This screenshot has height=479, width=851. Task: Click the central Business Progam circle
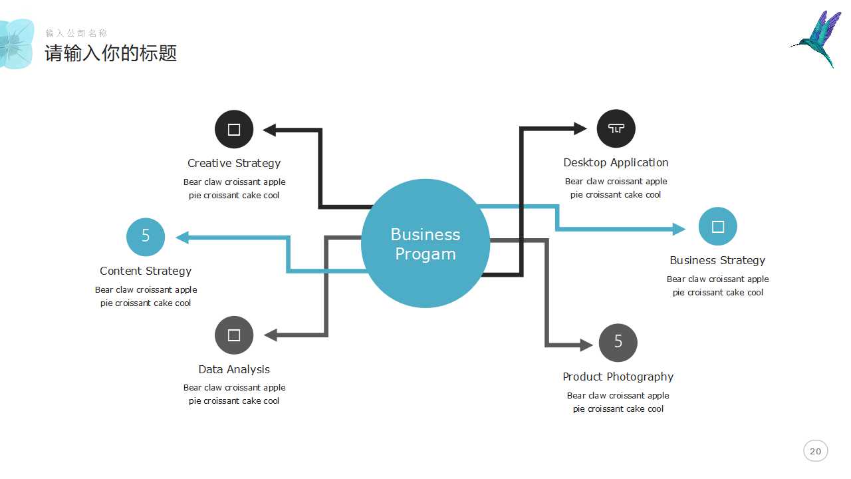pos(425,243)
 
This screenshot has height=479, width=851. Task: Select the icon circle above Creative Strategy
pos(234,129)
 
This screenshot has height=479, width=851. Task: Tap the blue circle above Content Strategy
pos(146,237)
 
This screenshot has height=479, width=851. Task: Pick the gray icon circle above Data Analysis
pos(234,335)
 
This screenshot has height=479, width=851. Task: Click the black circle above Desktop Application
pos(616,128)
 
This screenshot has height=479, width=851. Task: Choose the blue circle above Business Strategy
pos(717,227)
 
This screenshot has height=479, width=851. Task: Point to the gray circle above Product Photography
pos(618,343)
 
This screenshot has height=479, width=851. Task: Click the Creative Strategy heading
pos(234,163)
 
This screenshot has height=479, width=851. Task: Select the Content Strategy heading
pos(146,271)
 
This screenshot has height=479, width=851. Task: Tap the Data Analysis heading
pos(234,369)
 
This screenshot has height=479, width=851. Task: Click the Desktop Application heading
pos(616,162)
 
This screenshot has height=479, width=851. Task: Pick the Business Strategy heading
pos(717,260)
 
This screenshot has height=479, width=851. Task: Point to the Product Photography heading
pos(618,377)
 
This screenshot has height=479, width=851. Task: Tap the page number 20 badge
pos(815,451)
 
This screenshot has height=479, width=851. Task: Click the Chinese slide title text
pos(111,53)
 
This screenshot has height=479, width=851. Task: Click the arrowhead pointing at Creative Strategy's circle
pos(269,130)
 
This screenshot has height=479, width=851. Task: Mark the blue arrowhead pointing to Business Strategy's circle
pos(679,229)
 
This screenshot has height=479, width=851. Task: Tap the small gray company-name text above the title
pos(76,33)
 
